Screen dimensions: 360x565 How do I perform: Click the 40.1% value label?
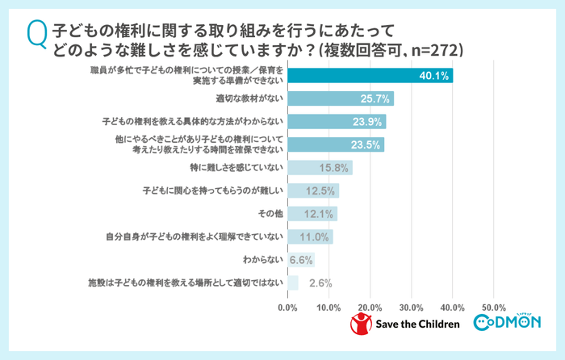pyautogui.click(x=435, y=76)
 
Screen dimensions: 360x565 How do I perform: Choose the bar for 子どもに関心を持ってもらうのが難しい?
pyautogui.click(x=313, y=191)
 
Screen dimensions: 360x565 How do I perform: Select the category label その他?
pyautogui.click(x=270, y=214)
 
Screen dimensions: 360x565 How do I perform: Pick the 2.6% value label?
pyautogui.click(x=319, y=283)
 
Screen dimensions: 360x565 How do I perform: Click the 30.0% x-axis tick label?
pyautogui.click(x=411, y=308)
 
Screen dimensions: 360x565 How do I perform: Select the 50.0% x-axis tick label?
pyautogui.click(x=493, y=308)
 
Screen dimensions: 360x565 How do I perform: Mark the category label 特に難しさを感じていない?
pyautogui.click(x=236, y=168)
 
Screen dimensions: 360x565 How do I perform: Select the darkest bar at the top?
pyautogui.click(x=370, y=76)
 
